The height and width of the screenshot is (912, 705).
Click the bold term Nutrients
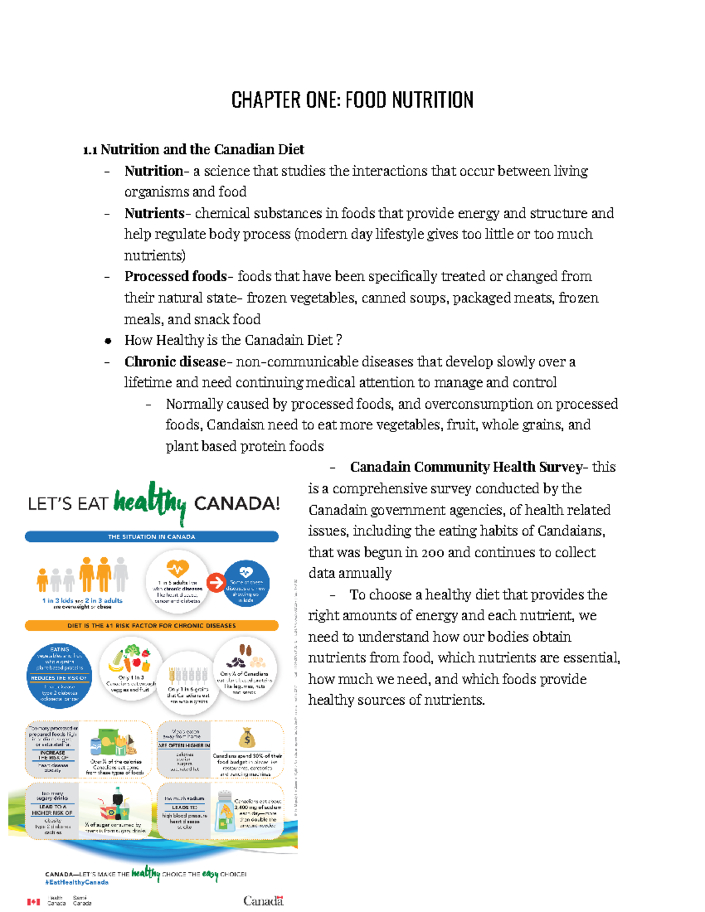coord(154,213)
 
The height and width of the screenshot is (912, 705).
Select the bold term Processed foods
coord(175,277)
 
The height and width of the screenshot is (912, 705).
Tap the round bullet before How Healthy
coord(108,341)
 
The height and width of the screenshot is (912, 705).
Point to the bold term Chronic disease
coord(174,362)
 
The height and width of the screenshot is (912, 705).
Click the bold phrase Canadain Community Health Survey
coord(465,467)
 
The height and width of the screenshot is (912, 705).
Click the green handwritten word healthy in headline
coord(150,503)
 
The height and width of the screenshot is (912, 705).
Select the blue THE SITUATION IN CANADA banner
coord(152,537)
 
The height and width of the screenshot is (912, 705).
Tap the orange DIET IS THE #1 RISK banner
coord(152,625)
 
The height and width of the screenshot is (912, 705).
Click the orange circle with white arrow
coord(216,583)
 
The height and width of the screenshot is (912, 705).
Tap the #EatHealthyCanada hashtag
coord(77,883)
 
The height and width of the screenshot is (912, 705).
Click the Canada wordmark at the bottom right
coord(263,901)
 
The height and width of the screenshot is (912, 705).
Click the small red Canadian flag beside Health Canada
coord(33,901)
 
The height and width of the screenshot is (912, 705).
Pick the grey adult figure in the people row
coord(121,574)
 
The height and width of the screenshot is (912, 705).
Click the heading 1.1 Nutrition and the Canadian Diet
coord(193,150)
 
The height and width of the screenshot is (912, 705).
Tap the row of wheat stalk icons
coord(188,674)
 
